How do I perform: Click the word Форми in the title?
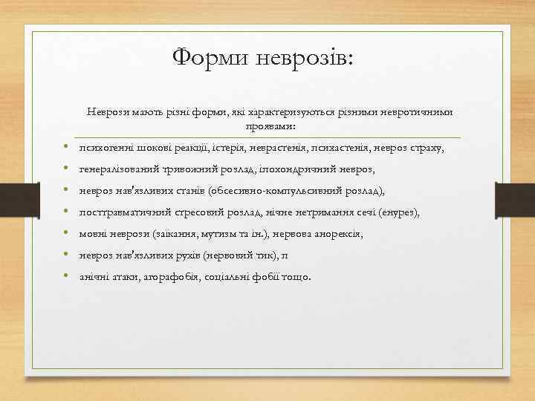pyautogui.click(x=208, y=56)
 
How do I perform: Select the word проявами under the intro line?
pyautogui.click(x=269, y=126)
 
